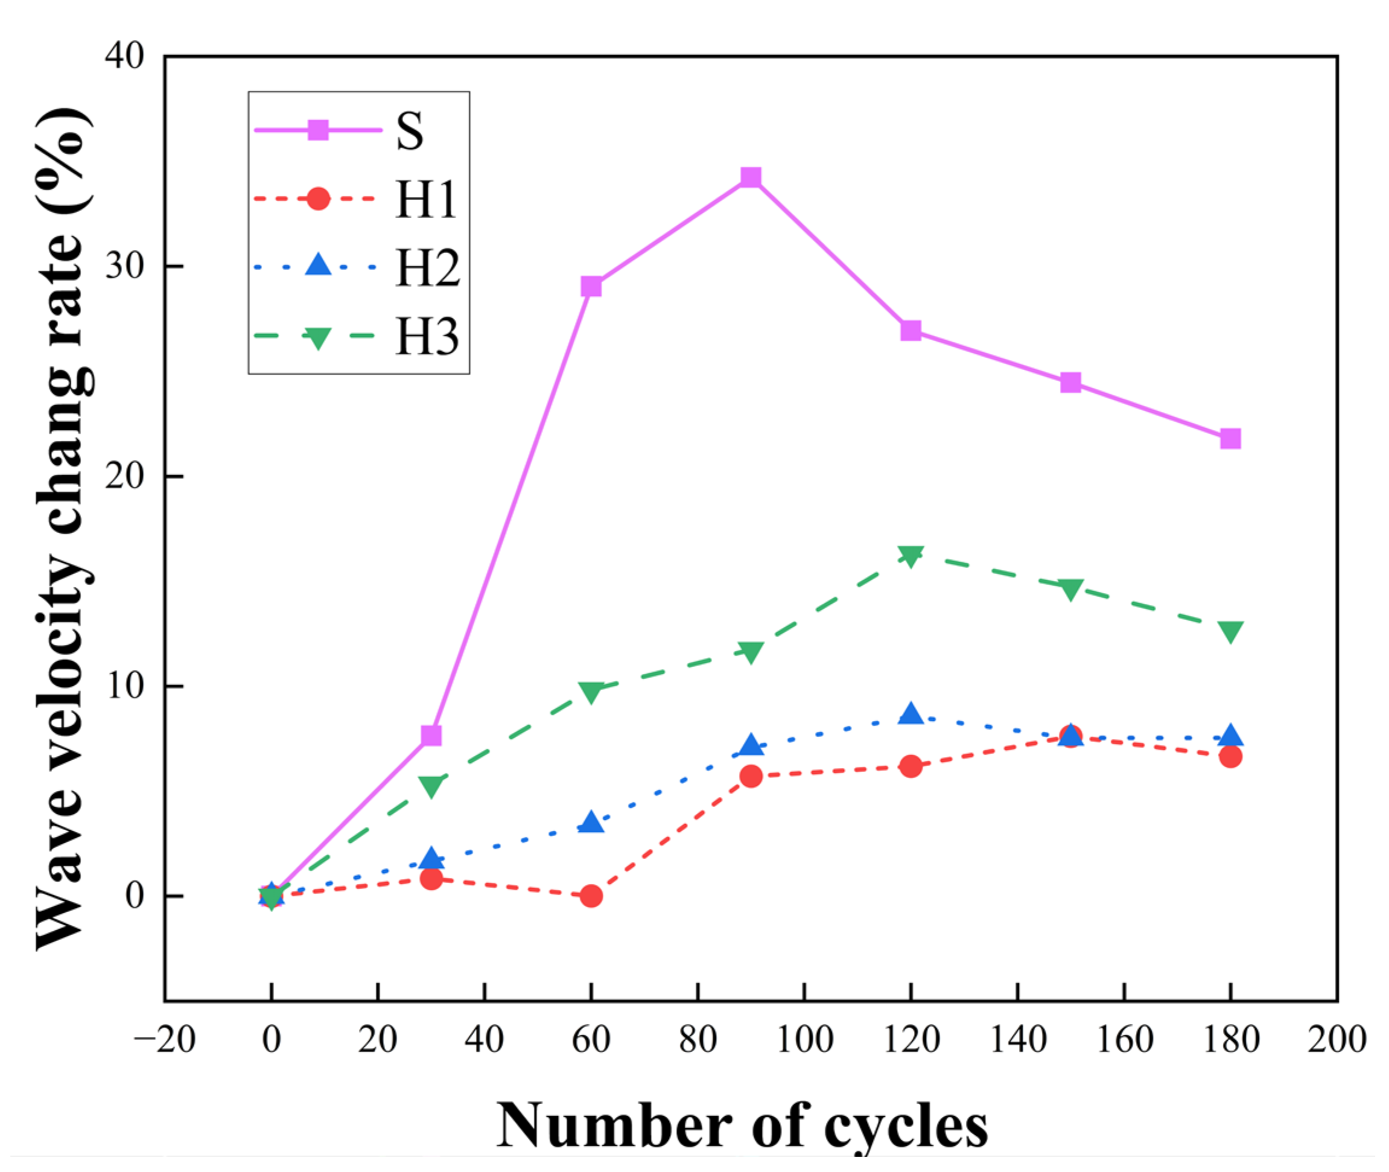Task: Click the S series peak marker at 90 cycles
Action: [751, 177]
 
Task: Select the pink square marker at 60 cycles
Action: [591, 286]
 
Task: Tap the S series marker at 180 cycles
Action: [1230, 439]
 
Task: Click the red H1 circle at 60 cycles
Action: [591, 896]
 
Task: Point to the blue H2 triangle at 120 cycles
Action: [911, 714]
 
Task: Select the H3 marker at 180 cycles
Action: [1230, 631]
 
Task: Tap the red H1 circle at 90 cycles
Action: [751, 776]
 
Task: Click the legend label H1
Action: [426, 199]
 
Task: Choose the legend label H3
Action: [427, 337]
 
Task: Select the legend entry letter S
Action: [409, 131]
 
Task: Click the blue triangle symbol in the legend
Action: [318, 265]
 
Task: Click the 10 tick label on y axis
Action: [124, 686]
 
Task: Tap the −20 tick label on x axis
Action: [165, 1040]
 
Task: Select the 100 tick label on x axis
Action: [804, 1040]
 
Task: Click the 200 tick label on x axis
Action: [1337, 1040]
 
